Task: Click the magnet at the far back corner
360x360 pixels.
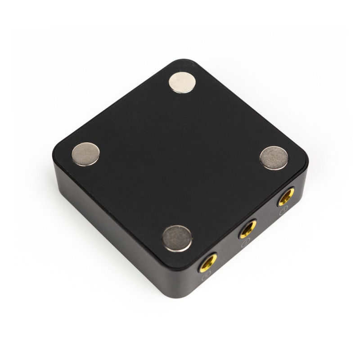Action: point(182,82)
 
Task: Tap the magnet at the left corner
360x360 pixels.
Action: point(85,154)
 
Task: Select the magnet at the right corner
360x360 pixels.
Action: point(274,158)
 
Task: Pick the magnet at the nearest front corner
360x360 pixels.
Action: point(177,238)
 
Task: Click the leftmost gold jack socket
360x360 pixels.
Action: point(208,262)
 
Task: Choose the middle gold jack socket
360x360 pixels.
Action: point(247,229)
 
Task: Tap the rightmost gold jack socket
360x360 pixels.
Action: point(286,197)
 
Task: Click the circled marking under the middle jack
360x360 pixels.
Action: point(245,244)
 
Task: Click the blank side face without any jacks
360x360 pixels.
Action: point(112,225)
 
